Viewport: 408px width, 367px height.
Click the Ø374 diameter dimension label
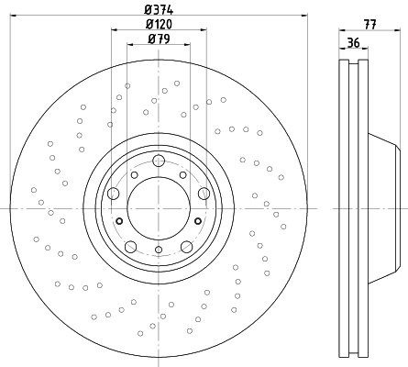159,9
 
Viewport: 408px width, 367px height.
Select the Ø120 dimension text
159,24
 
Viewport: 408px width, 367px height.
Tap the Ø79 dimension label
159,39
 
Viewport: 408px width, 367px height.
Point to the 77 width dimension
369,24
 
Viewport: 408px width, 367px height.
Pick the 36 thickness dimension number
353,42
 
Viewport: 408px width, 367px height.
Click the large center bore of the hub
159,208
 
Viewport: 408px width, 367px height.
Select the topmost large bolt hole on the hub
159,161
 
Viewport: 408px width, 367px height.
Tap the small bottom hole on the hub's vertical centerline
159,250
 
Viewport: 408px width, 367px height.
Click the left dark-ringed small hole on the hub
119,221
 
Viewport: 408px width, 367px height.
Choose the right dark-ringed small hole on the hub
198,221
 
